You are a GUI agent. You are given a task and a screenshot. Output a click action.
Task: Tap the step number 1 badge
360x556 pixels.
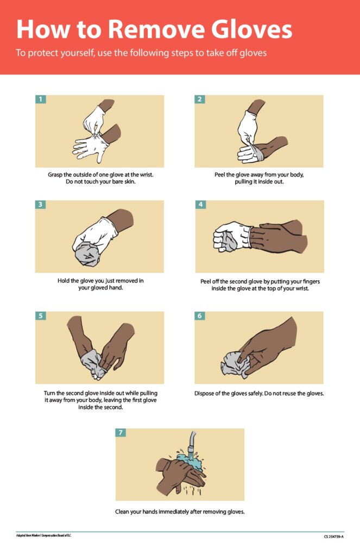(x=40, y=99)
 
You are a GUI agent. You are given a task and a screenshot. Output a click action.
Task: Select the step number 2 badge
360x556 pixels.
(x=200, y=99)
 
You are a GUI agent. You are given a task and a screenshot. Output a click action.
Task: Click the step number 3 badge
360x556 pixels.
(x=40, y=205)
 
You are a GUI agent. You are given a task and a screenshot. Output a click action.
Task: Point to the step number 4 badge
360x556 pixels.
(x=200, y=205)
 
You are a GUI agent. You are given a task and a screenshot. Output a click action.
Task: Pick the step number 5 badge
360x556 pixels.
(x=40, y=315)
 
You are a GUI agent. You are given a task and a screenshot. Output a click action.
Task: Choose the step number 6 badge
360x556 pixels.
(x=200, y=315)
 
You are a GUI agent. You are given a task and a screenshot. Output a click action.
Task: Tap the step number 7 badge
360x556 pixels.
(x=121, y=433)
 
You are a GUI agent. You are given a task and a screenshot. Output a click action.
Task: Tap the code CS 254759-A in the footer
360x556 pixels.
(x=333, y=536)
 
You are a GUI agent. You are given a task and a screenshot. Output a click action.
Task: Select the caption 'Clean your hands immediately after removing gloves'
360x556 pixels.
(x=180, y=511)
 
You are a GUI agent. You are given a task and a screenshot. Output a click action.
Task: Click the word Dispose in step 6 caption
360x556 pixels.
(x=206, y=393)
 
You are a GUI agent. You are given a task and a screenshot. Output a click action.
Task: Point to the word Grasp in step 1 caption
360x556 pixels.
(x=58, y=174)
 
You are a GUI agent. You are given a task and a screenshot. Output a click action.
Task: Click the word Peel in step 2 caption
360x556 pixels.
(x=221, y=174)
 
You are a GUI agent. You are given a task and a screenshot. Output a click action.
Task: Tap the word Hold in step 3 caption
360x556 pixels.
(x=64, y=281)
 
